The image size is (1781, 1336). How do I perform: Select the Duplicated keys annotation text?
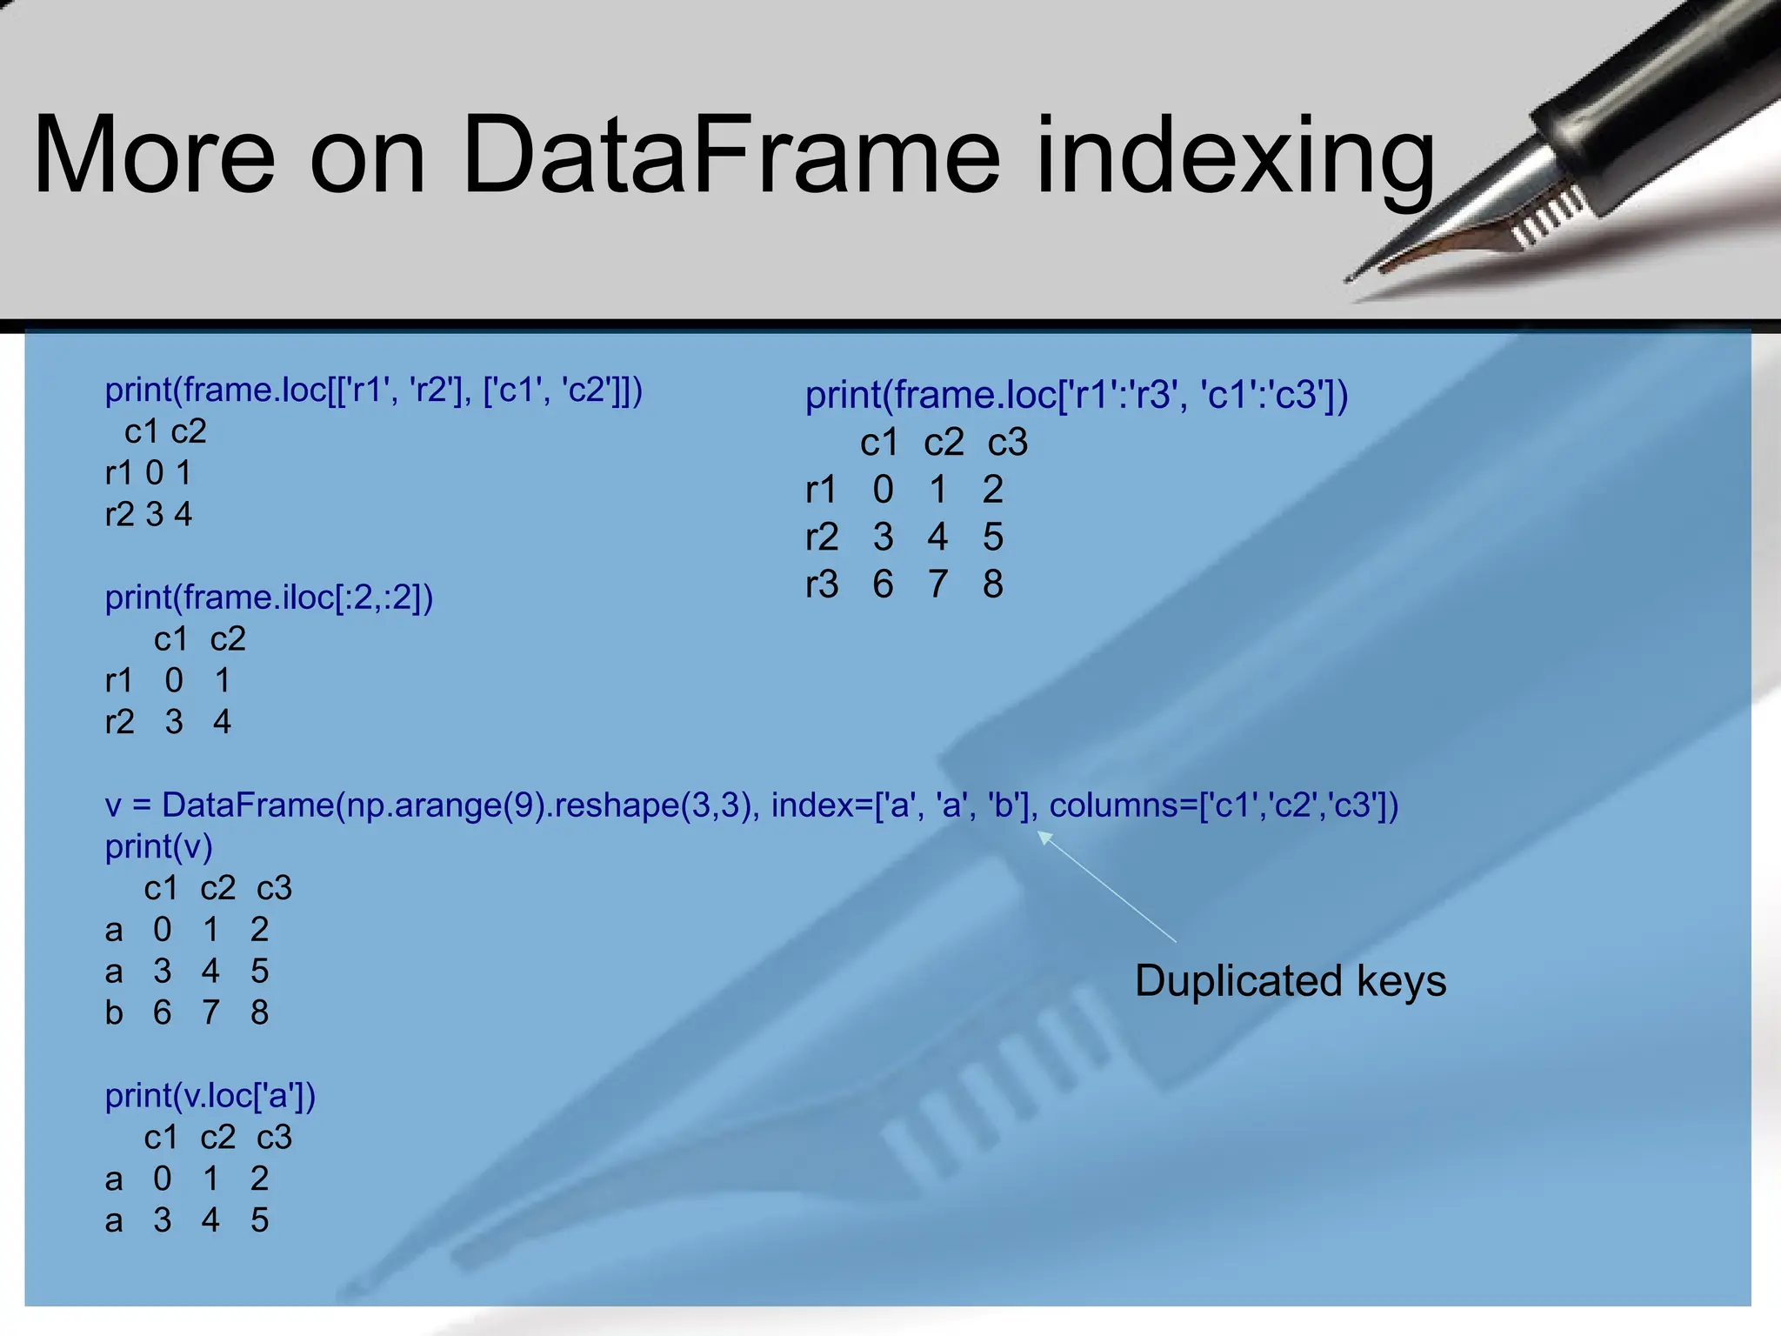[x=1291, y=981]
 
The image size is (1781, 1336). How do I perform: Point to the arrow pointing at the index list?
[x=1106, y=887]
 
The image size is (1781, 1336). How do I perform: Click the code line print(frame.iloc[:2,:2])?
[x=269, y=598]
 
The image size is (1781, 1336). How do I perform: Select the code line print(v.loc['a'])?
[x=210, y=1095]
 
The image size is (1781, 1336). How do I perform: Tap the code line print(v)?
[x=158, y=846]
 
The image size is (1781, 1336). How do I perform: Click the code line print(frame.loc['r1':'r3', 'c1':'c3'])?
[x=1077, y=395]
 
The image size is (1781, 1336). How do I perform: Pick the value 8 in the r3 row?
[x=993, y=584]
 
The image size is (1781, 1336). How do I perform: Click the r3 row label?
[x=822, y=584]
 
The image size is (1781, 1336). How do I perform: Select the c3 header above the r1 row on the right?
[x=1008, y=443]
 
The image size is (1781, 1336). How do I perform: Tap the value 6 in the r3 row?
[x=883, y=584]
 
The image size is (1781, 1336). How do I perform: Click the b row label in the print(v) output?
[x=114, y=1012]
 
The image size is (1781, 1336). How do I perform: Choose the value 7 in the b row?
[x=210, y=1012]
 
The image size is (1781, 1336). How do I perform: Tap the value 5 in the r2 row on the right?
[x=993, y=537]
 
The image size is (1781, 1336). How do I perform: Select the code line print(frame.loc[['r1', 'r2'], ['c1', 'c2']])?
[x=374, y=391]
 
